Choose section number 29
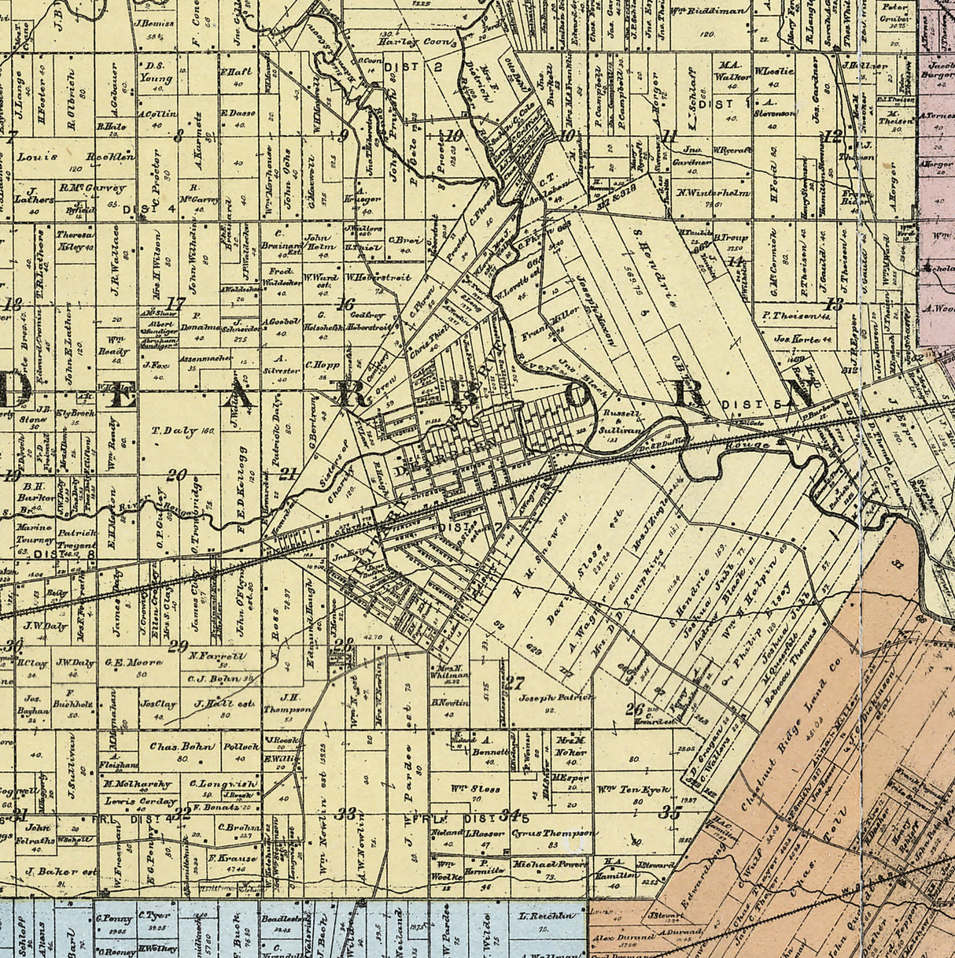coord(177,646)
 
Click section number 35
coord(670,812)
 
